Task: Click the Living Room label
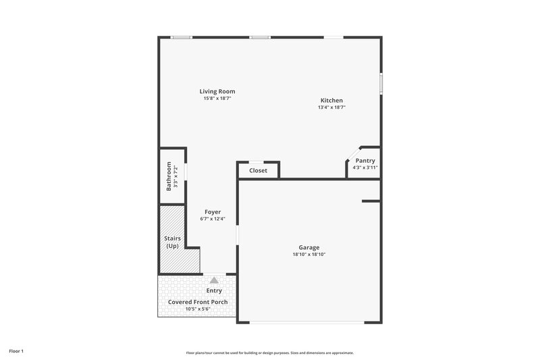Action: click(x=217, y=91)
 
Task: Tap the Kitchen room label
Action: click(x=331, y=101)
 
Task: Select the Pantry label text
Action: click(x=365, y=161)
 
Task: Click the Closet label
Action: click(x=258, y=171)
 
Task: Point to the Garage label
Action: click(x=309, y=247)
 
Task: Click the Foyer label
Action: click(x=212, y=211)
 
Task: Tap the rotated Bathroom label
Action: click(x=169, y=176)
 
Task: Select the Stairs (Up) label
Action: click(x=173, y=242)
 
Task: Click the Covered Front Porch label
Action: click(x=198, y=302)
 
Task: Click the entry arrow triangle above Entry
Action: click(x=214, y=280)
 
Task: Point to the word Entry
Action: click(x=214, y=290)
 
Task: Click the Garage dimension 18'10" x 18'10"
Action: click(x=309, y=255)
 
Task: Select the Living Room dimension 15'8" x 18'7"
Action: click(x=217, y=99)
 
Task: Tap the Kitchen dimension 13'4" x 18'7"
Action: click(x=331, y=107)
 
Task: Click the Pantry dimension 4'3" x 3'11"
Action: click(x=365, y=168)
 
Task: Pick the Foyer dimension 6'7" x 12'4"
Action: click(x=212, y=219)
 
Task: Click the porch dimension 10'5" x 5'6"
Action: click(x=198, y=309)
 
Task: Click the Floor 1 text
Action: click(x=16, y=351)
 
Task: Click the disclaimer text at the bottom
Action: click(x=270, y=353)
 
